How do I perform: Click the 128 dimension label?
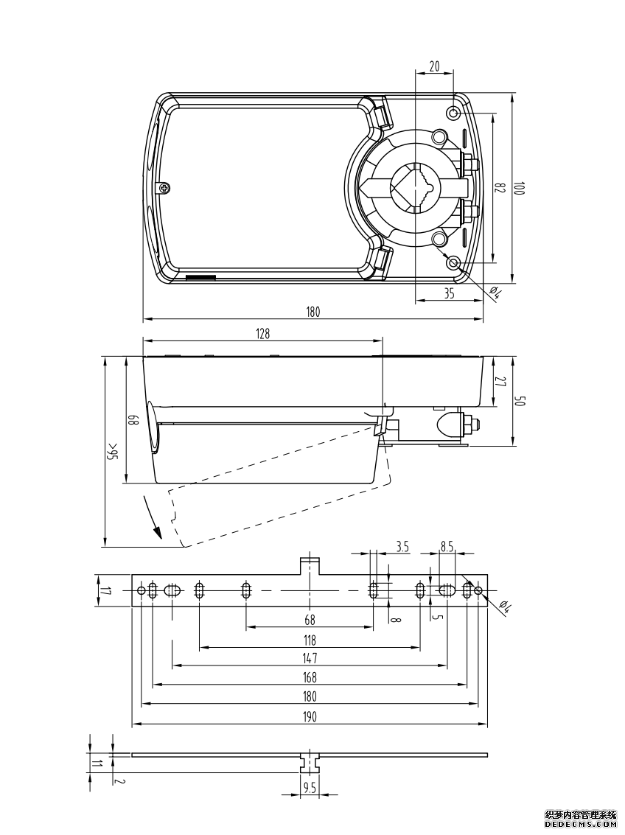click(263, 333)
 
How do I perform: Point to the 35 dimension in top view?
click(450, 293)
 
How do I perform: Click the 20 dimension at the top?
click(434, 66)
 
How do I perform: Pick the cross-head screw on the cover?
click(166, 188)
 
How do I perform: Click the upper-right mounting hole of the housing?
click(454, 113)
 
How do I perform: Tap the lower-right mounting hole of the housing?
click(454, 263)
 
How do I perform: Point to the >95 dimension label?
click(113, 452)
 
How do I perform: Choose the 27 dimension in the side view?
click(500, 382)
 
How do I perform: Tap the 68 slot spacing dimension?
click(310, 619)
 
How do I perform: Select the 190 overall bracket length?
click(310, 716)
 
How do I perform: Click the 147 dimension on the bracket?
click(310, 658)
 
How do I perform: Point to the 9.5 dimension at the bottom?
click(310, 787)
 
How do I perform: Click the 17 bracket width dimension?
click(105, 590)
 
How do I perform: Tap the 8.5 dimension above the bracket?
click(447, 546)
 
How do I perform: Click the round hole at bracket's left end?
click(141, 590)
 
